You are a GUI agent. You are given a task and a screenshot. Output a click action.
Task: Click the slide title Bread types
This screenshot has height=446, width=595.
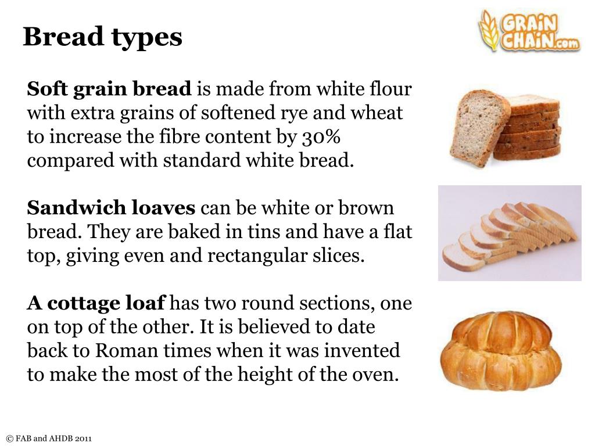point(102,37)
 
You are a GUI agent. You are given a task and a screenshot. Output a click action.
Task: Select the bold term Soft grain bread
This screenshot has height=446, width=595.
point(109,89)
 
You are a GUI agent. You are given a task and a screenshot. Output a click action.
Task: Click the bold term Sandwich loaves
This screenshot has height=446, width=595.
point(112,208)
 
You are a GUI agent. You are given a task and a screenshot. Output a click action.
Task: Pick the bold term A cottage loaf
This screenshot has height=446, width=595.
point(96,303)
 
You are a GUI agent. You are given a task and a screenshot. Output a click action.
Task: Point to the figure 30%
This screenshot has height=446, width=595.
point(321,137)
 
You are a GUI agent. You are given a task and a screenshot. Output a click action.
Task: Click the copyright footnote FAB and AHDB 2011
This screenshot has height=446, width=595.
point(49,438)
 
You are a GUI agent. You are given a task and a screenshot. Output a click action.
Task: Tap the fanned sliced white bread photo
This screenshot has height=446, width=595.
point(510,234)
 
